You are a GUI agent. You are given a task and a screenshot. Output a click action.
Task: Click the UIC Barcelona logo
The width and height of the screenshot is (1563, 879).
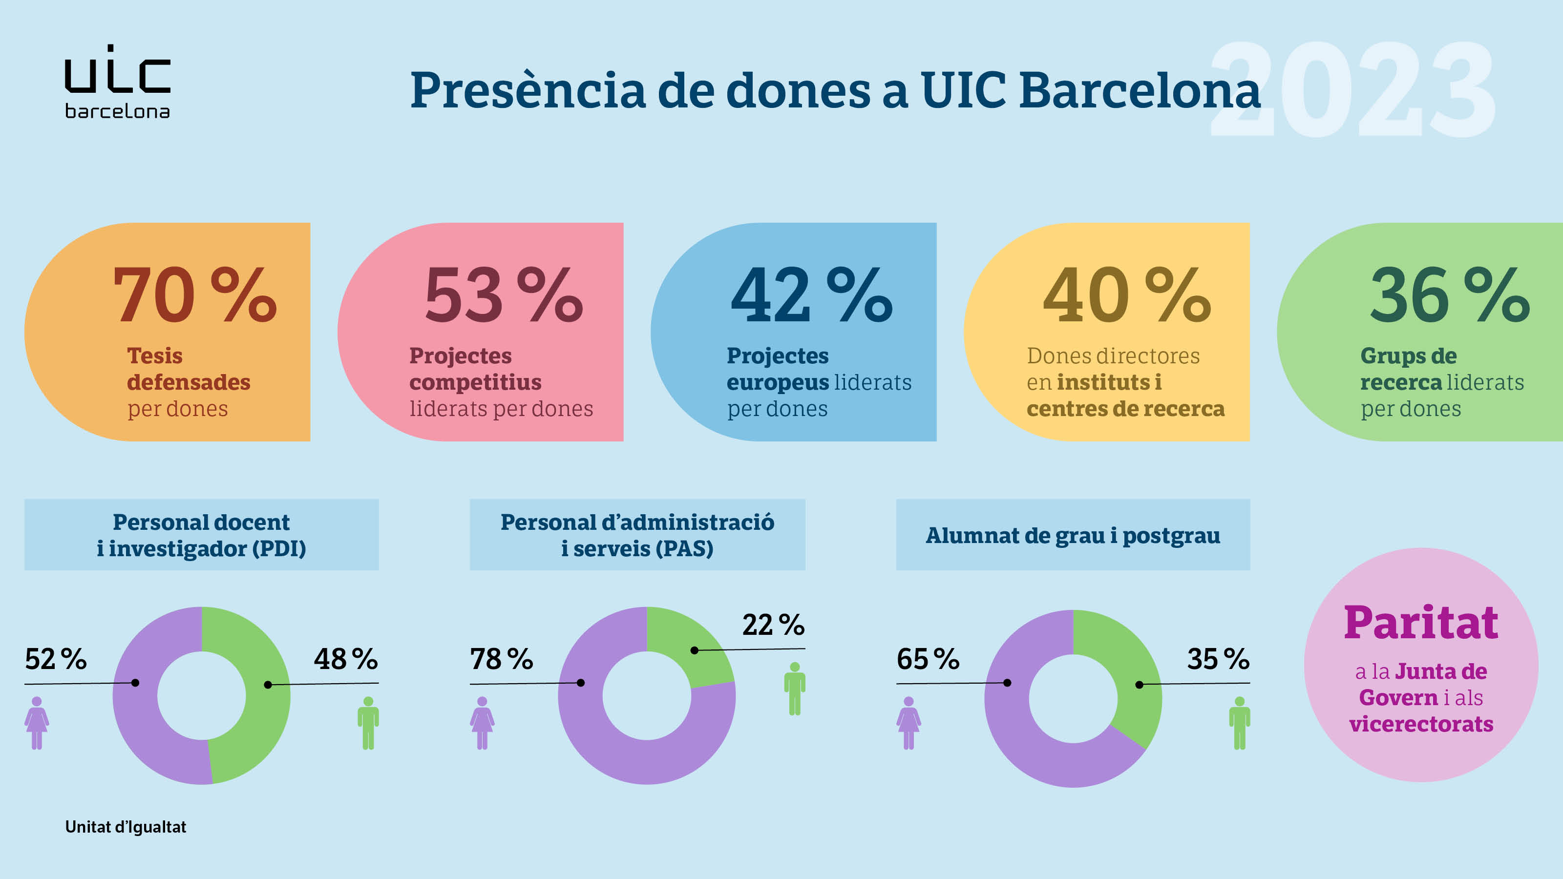point(117,82)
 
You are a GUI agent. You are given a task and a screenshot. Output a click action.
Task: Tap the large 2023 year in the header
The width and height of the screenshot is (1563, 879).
point(1352,90)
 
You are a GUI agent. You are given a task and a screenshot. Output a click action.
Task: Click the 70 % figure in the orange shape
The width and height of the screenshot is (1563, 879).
point(194,295)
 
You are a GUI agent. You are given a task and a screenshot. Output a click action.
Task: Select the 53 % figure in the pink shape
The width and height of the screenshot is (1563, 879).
point(504,295)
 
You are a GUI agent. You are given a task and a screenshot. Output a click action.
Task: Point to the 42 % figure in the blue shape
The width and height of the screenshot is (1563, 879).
point(811,295)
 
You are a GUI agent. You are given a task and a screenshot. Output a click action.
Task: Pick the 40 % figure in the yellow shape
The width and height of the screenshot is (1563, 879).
point(1127,295)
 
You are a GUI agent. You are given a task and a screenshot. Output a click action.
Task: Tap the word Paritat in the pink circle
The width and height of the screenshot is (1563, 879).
point(1420,623)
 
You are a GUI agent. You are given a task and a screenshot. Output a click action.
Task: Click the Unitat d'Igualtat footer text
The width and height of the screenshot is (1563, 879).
point(126,827)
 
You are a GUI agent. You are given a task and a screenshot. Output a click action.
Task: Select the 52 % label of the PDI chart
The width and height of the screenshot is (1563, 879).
point(56,659)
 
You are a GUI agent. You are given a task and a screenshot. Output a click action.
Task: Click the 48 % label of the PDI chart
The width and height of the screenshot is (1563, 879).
point(345,659)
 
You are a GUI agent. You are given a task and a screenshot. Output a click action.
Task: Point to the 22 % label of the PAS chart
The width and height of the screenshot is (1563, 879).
point(773,625)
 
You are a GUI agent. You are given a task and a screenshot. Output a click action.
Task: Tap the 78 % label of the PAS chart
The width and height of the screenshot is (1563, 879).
point(501,659)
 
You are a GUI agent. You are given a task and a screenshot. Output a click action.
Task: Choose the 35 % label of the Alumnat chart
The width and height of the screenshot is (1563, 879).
point(1218,659)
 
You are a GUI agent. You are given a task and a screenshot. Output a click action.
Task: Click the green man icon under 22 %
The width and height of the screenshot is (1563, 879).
point(794,689)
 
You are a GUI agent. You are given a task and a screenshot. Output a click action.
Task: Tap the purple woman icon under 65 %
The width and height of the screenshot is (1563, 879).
point(908,723)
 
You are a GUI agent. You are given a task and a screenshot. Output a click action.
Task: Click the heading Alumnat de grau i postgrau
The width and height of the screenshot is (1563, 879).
point(1073,536)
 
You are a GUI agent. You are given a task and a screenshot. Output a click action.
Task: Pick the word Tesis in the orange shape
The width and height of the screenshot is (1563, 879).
point(155,356)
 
